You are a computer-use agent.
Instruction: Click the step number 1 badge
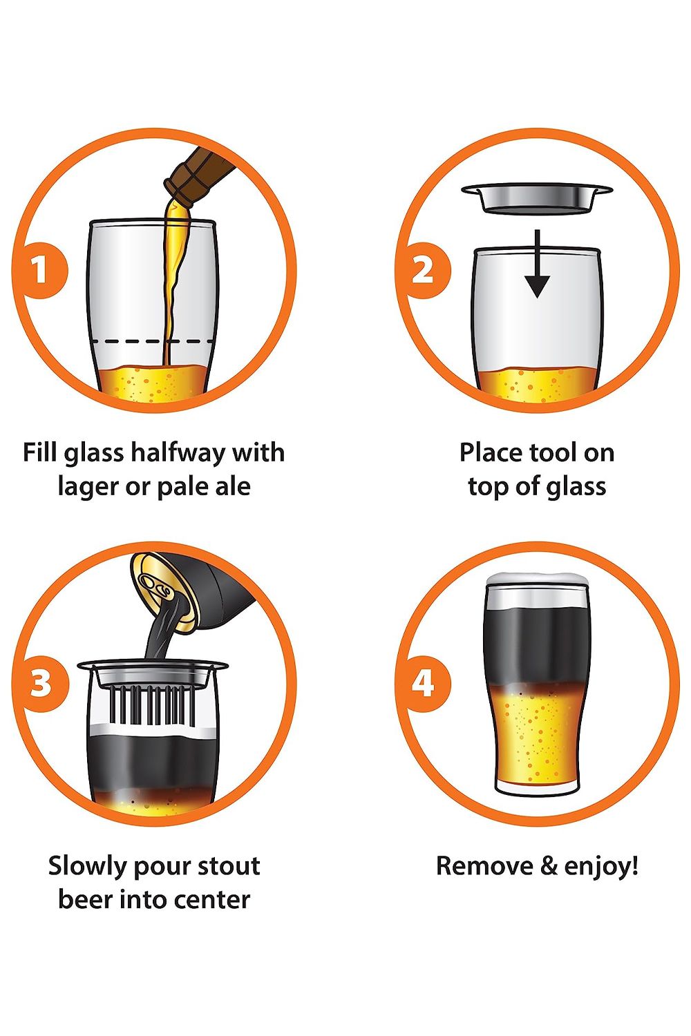click(x=40, y=270)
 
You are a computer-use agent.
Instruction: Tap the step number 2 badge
click(x=422, y=270)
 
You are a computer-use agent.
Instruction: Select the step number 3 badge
click(x=40, y=683)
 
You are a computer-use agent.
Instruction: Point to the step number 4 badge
click(x=422, y=683)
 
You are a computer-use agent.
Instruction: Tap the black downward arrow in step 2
click(x=537, y=264)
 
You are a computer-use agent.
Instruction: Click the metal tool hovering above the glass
click(x=537, y=198)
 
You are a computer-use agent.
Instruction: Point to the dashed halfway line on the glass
click(x=152, y=341)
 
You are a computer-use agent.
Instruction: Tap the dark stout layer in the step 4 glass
click(x=537, y=644)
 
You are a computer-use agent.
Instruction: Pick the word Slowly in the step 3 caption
click(x=88, y=866)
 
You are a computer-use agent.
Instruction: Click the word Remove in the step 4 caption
click(x=484, y=866)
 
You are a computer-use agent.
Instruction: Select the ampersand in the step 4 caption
click(x=548, y=866)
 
